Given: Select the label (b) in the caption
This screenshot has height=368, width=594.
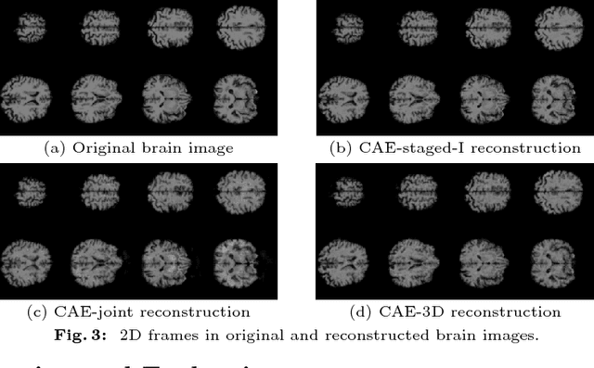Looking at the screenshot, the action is pyautogui.click(x=341, y=147).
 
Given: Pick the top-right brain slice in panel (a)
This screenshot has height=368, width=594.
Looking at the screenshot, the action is pyautogui.click(x=238, y=28).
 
